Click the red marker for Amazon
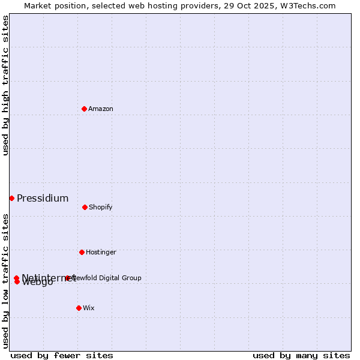click(x=84, y=109)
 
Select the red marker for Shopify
click(x=85, y=207)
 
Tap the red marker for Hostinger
click(x=82, y=252)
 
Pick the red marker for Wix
click(x=79, y=308)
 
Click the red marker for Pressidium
click(x=11, y=198)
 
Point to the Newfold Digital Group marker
click(x=68, y=278)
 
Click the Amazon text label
click(x=101, y=109)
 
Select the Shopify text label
click(x=101, y=207)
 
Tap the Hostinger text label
click(x=101, y=252)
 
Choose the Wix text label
click(x=89, y=308)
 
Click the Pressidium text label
click(x=43, y=198)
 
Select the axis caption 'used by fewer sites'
click(x=62, y=355)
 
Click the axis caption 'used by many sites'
click(x=301, y=355)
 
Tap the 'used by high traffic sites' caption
click(x=5, y=85)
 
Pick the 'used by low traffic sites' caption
click(x=5, y=281)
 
